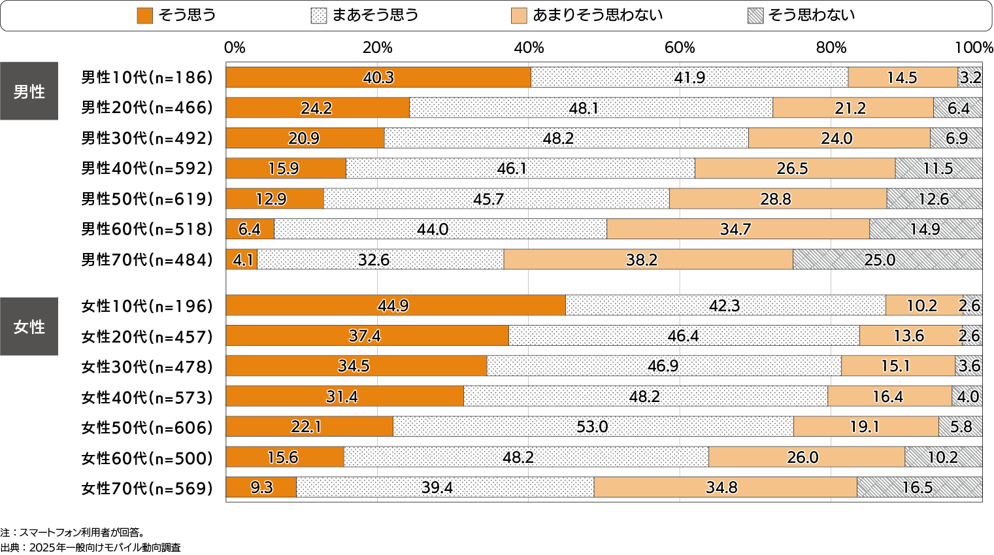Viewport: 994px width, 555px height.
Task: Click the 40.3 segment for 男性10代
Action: click(378, 77)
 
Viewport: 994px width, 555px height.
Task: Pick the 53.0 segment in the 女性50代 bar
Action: click(593, 427)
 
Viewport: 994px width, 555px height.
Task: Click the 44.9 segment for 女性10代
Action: click(395, 305)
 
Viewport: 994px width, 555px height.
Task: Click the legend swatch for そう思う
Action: click(144, 16)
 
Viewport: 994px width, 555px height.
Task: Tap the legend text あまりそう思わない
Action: click(597, 16)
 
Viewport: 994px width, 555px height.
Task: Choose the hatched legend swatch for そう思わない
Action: click(755, 16)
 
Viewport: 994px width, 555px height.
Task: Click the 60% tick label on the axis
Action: click(680, 48)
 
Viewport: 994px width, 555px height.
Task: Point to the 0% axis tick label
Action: click(234, 48)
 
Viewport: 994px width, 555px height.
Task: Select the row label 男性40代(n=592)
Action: click(147, 169)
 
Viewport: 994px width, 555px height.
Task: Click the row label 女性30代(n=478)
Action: click(147, 367)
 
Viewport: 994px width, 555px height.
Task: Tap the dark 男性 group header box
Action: click(29, 92)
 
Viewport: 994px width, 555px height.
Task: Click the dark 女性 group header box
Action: click(29, 326)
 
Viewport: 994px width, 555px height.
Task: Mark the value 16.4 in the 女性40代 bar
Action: click(887, 397)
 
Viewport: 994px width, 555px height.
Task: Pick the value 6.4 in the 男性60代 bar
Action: click(249, 229)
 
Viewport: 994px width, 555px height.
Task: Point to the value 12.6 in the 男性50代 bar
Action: click(933, 199)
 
